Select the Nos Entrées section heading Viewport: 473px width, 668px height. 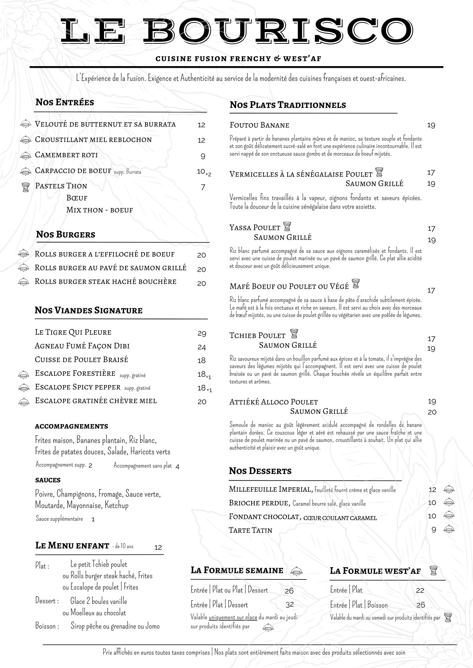click(x=65, y=102)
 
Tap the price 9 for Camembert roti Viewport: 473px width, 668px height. click(x=203, y=156)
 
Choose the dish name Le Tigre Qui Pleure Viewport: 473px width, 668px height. click(x=73, y=332)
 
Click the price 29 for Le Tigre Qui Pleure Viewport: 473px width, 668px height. click(x=202, y=333)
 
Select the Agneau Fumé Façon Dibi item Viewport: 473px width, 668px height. click(x=82, y=346)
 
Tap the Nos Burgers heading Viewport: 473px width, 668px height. click(x=66, y=234)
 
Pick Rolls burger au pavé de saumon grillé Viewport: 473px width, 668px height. click(x=110, y=268)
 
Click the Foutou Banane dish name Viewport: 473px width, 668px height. click(x=259, y=125)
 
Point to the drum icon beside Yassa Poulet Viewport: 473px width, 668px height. click(x=287, y=227)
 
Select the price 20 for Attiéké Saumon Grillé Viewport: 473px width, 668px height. click(x=432, y=412)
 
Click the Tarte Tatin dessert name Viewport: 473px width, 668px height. click(x=250, y=530)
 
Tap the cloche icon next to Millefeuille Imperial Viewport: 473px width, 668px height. click(x=449, y=490)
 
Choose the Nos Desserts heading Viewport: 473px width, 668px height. click(x=260, y=471)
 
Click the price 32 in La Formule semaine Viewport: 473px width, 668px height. click(x=290, y=605)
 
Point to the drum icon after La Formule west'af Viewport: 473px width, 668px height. click(x=433, y=570)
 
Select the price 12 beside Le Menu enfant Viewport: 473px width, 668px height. click(x=158, y=547)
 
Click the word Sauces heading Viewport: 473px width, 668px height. click(x=48, y=480)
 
